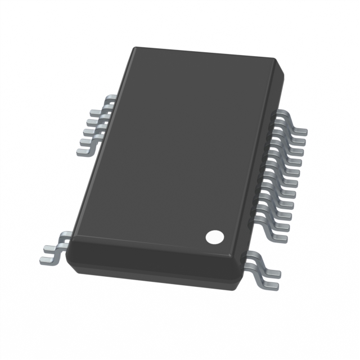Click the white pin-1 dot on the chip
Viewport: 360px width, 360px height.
click(x=214, y=237)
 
